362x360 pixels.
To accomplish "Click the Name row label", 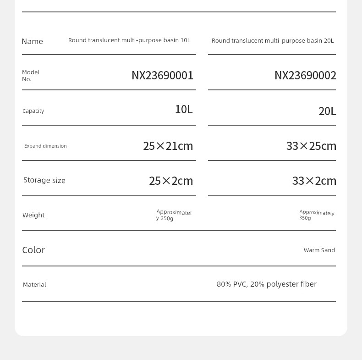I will (x=32, y=41).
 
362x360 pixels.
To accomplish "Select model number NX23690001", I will (x=162, y=75).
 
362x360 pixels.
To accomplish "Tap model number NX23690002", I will (x=305, y=75).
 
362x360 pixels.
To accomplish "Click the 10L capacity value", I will (x=184, y=109).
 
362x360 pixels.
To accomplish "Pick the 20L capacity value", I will (x=327, y=111).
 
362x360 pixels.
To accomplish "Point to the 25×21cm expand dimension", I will (x=168, y=146).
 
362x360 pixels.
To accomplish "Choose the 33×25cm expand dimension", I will (x=311, y=146).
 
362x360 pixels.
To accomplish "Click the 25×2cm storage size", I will (x=171, y=181).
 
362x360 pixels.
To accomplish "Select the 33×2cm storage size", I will (x=314, y=181).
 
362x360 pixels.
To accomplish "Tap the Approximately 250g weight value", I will (x=174, y=215).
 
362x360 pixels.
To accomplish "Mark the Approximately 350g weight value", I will (x=317, y=215).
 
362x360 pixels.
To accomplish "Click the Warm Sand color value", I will (x=319, y=250).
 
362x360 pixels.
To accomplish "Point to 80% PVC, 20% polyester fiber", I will (x=266, y=284).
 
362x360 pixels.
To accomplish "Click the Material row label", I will (x=34, y=285).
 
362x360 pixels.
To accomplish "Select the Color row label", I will (x=33, y=250).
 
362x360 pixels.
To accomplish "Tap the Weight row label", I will (x=33, y=215).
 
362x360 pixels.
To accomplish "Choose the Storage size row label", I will (x=44, y=180).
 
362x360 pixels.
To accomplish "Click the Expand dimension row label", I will (x=45, y=146).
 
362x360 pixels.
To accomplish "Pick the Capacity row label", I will (x=33, y=111).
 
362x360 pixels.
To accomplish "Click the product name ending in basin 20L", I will (x=272, y=41).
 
